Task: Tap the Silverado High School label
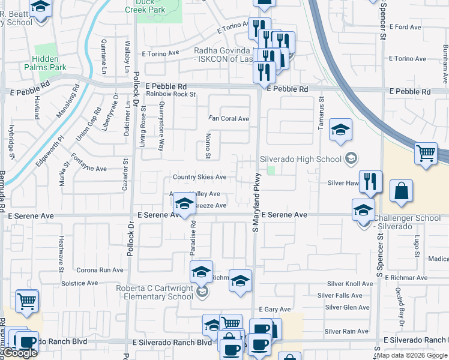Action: point(300,159)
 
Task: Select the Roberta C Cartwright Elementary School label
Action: point(155,292)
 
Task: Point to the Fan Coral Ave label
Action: point(229,119)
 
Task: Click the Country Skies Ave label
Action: point(199,177)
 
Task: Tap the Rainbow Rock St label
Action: point(171,94)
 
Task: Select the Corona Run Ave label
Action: point(100,270)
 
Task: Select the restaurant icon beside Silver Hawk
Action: point(370,181)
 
